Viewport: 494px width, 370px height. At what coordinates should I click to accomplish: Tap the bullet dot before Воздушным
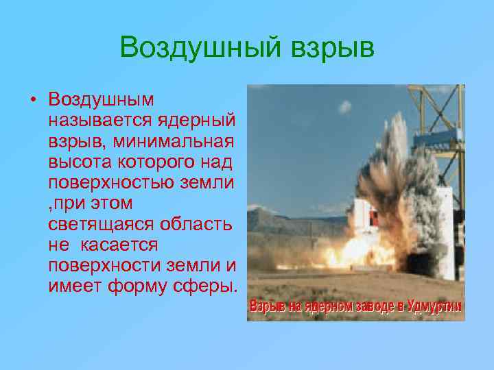[32, 99]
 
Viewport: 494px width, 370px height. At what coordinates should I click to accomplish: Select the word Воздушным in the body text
[102, 99]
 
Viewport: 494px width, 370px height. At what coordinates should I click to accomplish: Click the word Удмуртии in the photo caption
[434, 306]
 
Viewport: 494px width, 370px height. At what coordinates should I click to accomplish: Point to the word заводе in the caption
[372, 306]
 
